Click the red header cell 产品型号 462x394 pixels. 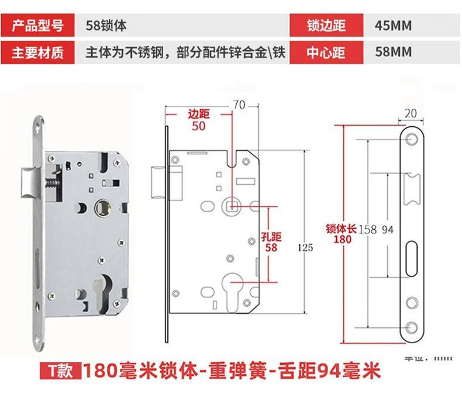click(x=37, y=26)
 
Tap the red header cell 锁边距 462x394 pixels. click(x=326, y=26)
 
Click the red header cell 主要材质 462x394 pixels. click(x=37, y=52)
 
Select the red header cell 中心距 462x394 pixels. click(x=326, y=52)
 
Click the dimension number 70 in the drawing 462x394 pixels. click(x=238, y=105)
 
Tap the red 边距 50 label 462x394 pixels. click(x=198, y=120)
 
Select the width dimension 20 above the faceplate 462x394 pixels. click(x=409, y=113)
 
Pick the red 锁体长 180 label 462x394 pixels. click(x=342, y=234)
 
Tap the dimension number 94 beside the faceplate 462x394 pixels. click(x=387, y=230)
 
